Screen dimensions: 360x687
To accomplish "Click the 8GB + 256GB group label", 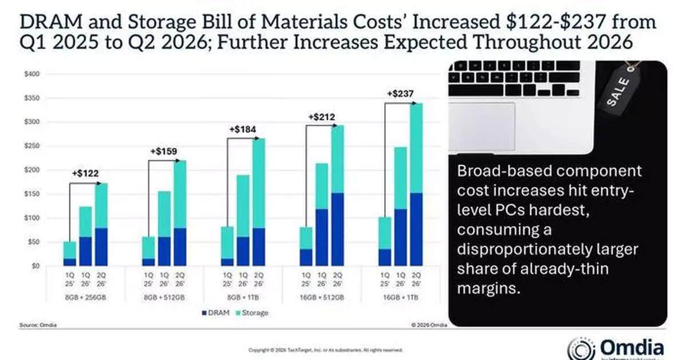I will (85, 297).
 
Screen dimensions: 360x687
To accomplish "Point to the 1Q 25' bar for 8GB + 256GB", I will (69, 254).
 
